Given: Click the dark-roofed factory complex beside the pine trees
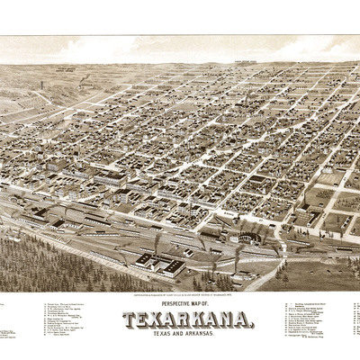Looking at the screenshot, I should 157,262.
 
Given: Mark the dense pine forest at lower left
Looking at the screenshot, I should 45,265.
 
